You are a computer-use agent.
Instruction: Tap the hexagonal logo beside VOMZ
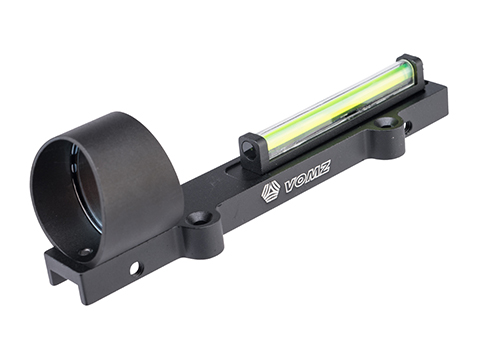270,192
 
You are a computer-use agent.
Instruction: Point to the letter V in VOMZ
291,187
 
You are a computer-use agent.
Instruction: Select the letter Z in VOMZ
324,168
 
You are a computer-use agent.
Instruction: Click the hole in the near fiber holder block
248,146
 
